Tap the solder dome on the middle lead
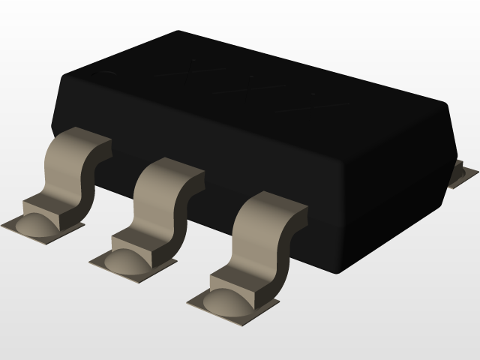coord(125,260)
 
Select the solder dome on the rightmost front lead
coord(225,301)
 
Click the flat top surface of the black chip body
coord(247,90)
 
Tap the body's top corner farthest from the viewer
coord(178,32)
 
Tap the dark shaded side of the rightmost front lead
coord(289,240)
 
